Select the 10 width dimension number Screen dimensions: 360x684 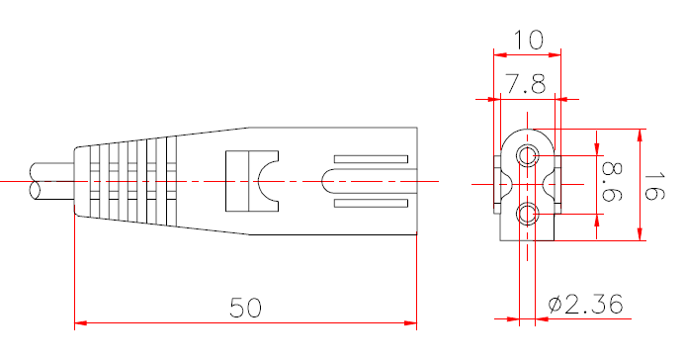(529, 40)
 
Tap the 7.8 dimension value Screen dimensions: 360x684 (526, 84)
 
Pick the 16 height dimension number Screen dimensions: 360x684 (654, 183)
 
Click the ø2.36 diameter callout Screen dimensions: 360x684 (585, 305)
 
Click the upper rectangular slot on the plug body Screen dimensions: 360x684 (371, 160)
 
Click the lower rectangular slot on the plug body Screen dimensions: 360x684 (371, 204)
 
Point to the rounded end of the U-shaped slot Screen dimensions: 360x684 (325, 182)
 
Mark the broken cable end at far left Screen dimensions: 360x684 (36, 182)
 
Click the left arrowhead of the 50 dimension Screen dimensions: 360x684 (81, 323)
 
